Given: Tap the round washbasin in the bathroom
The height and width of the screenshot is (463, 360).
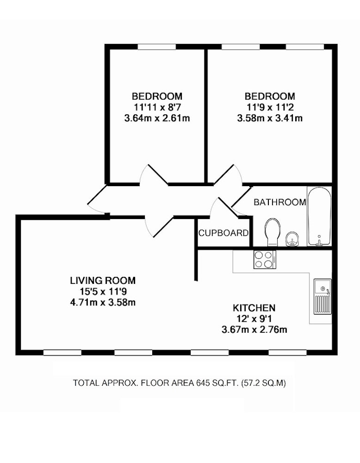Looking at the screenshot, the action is (x=292, y=239).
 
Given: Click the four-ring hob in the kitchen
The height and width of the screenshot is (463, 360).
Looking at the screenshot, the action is (x=265, y=260).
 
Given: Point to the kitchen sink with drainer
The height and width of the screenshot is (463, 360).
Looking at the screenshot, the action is (x=323, y=296).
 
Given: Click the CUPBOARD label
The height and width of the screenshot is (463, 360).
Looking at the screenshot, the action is (x=223, y=233).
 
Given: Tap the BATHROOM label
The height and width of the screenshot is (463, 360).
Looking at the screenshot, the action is (x=280, y=202).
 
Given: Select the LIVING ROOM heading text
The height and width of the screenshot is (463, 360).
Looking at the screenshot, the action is (x=103, y=280).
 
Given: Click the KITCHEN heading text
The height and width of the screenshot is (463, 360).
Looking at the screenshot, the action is (x=254, y=308).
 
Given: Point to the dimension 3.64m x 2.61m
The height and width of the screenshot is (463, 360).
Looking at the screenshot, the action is (x=157, y=119).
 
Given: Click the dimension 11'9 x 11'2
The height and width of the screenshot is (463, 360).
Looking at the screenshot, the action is (x=270, y=107).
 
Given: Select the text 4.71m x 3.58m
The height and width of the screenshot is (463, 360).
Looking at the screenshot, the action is (x=103, y=302).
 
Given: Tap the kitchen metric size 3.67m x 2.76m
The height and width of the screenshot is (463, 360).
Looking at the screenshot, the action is (x=254, y=330).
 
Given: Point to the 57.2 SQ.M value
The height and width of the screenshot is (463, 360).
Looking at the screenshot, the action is (x=263, y=383).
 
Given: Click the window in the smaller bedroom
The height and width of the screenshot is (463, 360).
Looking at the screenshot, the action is (x=157, y=47).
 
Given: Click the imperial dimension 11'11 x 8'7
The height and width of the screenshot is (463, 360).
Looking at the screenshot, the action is (x=157, y=107).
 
